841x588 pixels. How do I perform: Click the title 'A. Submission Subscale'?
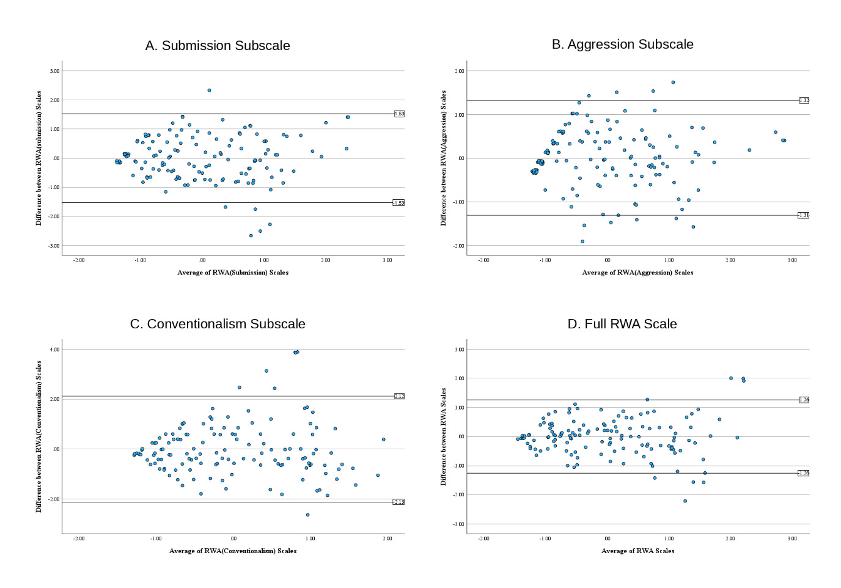218,46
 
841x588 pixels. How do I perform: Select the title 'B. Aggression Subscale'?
622,44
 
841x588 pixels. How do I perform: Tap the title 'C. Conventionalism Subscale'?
218,324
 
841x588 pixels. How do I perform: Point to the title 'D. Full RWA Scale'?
622,324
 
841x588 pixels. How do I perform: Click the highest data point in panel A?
209,90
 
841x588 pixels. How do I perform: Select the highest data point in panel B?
673,83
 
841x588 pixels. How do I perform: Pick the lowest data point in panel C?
307,515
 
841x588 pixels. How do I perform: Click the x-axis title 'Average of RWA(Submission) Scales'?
233,273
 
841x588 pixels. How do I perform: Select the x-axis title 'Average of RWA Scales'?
637,551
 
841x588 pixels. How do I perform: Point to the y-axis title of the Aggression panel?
444,158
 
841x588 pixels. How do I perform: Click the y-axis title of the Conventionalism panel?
39,436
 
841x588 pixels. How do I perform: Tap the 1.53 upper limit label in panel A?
399,114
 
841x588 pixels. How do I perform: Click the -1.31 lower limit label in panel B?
803,215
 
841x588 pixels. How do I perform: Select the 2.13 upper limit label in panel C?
399,396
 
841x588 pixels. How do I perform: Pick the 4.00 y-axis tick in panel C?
55,350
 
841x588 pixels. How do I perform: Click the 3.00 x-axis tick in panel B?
792,260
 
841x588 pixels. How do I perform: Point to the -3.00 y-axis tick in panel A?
54,246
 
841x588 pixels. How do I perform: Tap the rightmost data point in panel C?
384,439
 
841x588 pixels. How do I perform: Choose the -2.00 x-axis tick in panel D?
483,538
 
